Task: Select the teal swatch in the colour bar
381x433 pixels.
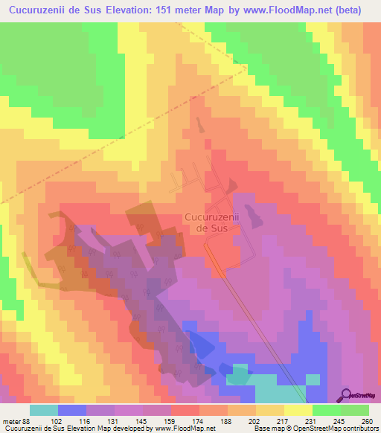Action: click(44, 410)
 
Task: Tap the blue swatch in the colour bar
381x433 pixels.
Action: click(72, 410)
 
